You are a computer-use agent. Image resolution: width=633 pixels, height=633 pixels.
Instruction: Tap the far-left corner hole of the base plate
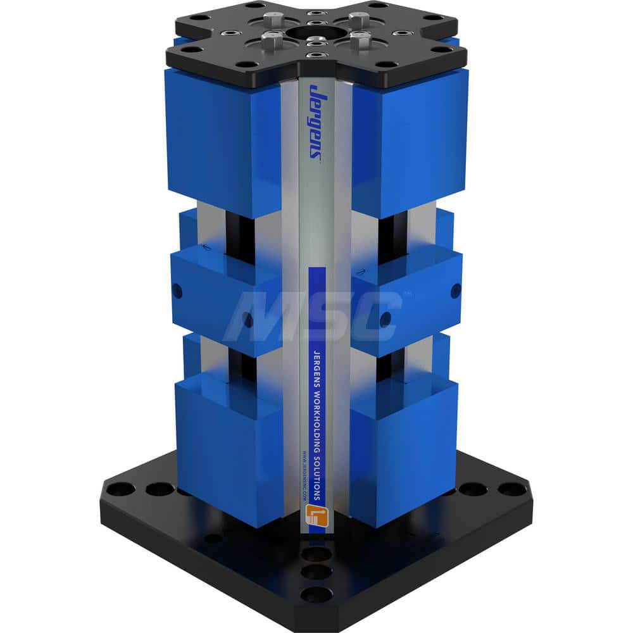pos(122,489)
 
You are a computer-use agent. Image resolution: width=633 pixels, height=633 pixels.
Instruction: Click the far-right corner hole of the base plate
pos(510,489)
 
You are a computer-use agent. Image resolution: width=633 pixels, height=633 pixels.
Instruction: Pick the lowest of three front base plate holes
pos(315,594)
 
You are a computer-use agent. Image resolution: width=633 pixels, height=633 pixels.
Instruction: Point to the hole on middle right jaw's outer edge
pos(455,291)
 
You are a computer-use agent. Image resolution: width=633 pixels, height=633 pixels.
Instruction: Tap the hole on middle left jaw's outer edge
pos(177,291)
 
